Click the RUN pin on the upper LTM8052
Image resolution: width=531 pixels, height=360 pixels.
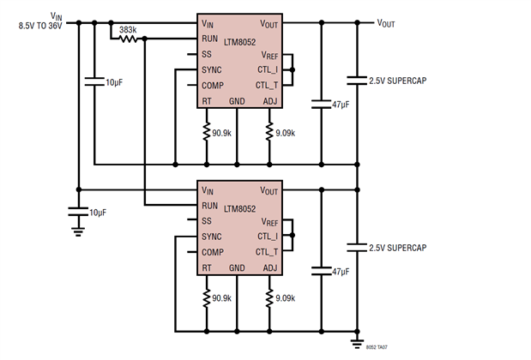pyautogui.click(x=210, y=39)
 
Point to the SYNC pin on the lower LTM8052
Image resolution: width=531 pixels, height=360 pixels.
pyautogui.click(x=212, y=237)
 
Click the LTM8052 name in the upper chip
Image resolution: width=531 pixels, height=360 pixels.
pyautogui.click(x=243, y=40)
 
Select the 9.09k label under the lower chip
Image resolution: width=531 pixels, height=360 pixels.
pyautogui.click(x=285, y=299)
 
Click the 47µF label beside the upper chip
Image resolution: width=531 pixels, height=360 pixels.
pyautogui.click(x=340, y=105)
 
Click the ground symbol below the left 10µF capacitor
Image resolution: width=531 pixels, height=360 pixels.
pyautogui.click(x=79, y=229)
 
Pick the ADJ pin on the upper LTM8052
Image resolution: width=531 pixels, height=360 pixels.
pyautogui.click(x=271, y=101)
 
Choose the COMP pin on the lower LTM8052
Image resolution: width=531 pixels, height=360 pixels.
pyautogui.click(x=213, y=252)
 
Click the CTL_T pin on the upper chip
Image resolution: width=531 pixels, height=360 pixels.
pyautogui.click(x=267, y=85)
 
